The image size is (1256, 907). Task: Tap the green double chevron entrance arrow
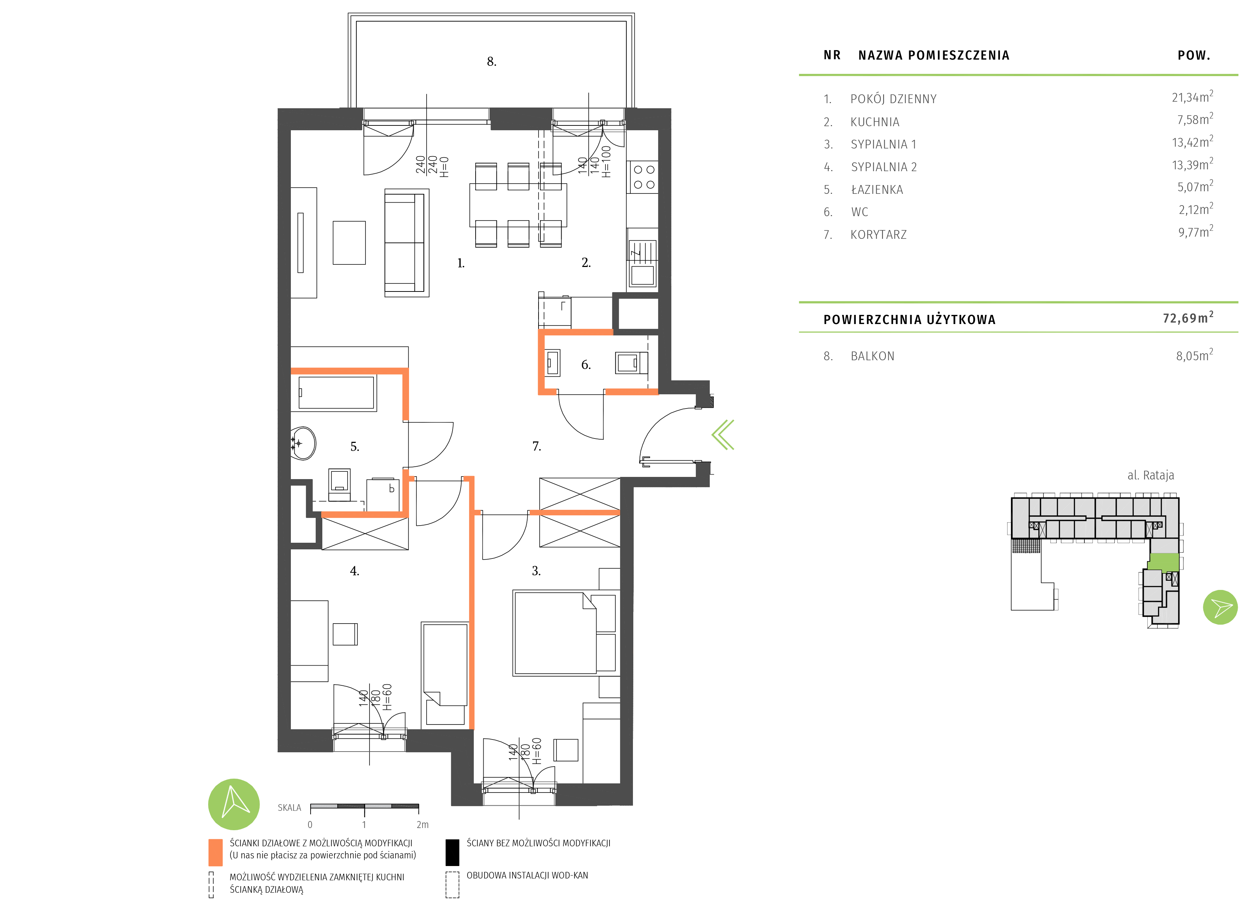[x=723, y=435]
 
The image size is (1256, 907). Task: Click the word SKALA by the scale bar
[x=289, y=808]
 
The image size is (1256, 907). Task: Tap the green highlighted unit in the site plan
[x=1163, y=562]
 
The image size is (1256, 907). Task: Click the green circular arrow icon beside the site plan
[x=1220, y=607]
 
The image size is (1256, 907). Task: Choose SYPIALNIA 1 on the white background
[x=883, y=144]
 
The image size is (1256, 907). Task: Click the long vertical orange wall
[x=472, y=609]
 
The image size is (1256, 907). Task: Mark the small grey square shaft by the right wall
[x=637, y=313]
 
